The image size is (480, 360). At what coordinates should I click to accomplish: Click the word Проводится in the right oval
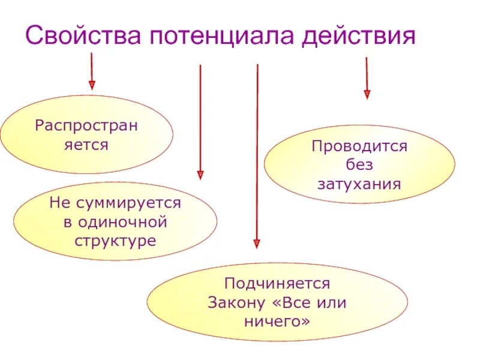pos(359,146)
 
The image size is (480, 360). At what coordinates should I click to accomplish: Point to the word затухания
pos(359,183)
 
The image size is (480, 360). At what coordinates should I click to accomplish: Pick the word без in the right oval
pos(359,164)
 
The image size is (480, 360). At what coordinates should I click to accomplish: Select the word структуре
pos(115,241)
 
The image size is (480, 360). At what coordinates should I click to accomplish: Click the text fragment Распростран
pos(86,126)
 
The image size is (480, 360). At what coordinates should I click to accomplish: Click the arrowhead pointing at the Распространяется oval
pos(92,85)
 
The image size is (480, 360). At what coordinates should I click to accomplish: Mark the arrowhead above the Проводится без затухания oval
pos(367,94)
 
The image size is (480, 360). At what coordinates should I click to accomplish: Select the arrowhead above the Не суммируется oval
pos(200,175)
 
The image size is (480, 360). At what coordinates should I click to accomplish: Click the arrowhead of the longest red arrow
pos(257,244)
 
